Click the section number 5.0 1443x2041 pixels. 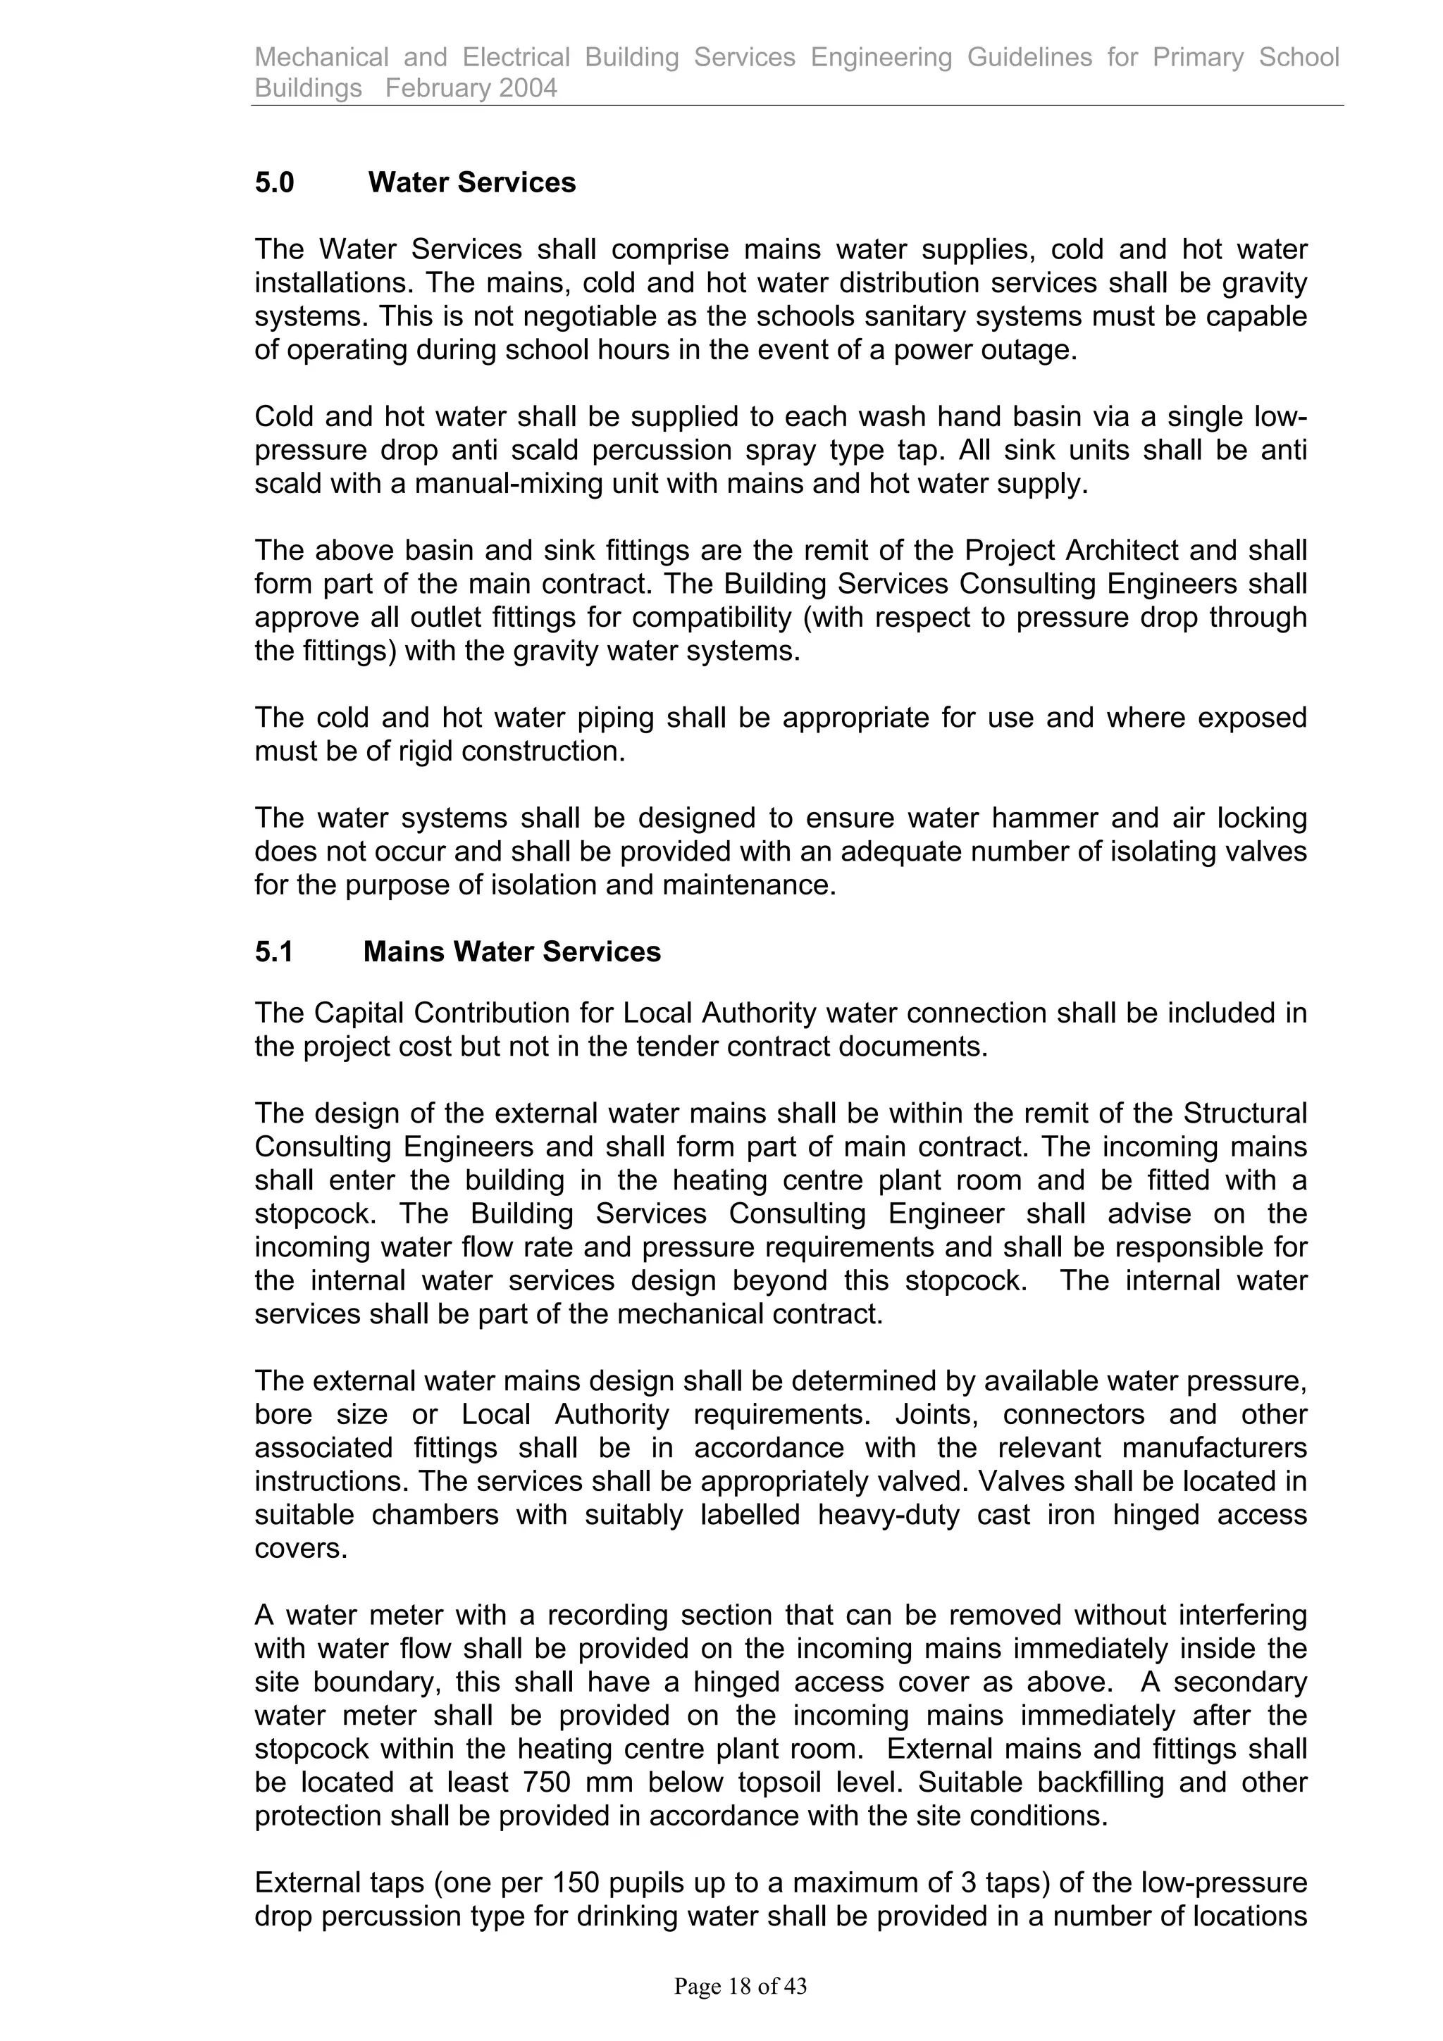pos(274,182)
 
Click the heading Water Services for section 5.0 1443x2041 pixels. pos(471,182)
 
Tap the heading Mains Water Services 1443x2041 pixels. pos(512,952)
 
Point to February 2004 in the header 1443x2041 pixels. pos(471,88)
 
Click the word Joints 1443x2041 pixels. pos(937,1414)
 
